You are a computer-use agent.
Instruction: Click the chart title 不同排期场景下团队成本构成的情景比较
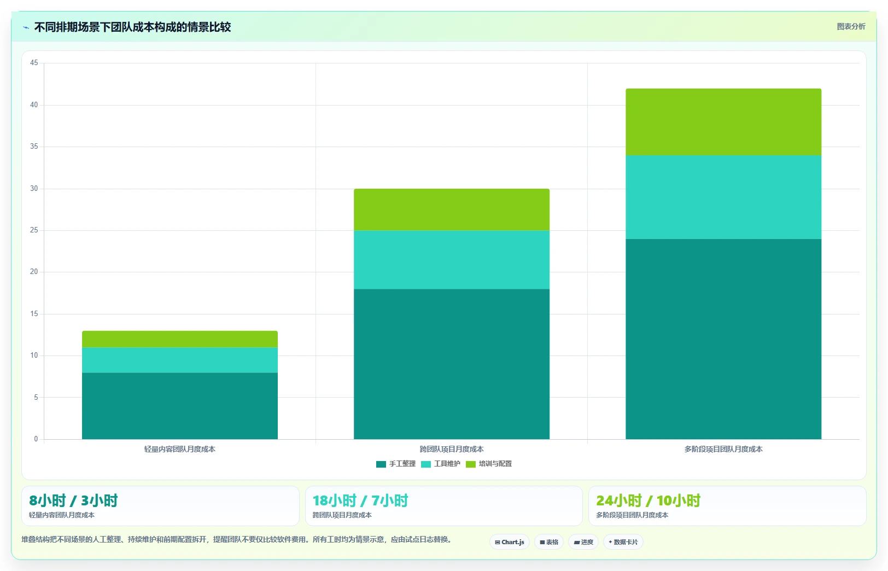click(132, 27)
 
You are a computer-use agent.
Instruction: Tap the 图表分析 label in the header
click(851, 27)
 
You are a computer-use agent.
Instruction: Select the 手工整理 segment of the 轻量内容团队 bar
click(179, 406)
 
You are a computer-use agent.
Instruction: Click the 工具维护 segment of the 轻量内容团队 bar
click(179, 360)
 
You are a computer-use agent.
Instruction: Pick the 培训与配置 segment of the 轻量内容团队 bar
click(179, 339)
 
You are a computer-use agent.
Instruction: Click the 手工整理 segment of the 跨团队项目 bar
click(452, 364)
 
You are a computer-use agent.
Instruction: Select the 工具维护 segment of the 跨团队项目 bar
click(452, 260)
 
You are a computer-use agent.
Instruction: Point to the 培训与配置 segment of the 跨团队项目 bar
click(452, 209)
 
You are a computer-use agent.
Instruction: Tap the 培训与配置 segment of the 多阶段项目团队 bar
click(723, 122)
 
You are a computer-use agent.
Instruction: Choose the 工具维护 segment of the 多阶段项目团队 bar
click(723, 197)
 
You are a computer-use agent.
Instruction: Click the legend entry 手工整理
click(396, 464)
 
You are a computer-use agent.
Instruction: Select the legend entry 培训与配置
click(489, 464)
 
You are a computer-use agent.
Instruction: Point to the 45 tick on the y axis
click(34, 63)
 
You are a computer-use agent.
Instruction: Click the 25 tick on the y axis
click(34, 230)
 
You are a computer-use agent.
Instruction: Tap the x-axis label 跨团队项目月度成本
click(452, 449)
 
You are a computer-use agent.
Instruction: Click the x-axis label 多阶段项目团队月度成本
click(723, 449)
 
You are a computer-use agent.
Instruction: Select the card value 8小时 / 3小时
click(73, 500)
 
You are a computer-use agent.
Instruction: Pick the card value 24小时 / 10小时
click(648, 500)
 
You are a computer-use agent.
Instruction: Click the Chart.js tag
click(510, 542)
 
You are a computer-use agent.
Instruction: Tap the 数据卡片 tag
click(623, 542)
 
